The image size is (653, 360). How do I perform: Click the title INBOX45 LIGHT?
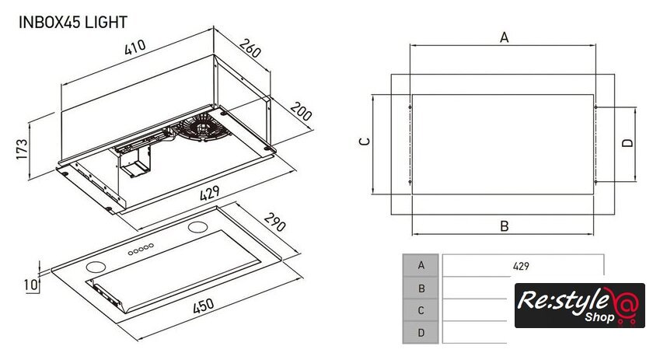[72, 23]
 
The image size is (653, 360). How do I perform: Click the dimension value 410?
[134, 47]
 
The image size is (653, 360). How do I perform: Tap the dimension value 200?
[301, 111]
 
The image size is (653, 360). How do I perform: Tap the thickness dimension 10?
[30, 285]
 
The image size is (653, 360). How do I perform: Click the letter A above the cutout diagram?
[504, 37]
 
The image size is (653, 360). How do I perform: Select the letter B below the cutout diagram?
[504, 226]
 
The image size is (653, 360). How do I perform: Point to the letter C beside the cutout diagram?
[363, 142]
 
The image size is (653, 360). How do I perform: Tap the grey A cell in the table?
[421, 265]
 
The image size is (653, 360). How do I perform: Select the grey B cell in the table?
[421, 288]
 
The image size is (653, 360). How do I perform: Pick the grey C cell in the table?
[421, 310]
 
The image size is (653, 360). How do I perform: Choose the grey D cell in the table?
[421, 332]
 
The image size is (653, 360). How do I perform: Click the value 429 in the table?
[521, 265]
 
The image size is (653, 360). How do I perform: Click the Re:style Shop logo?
[579, 306]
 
